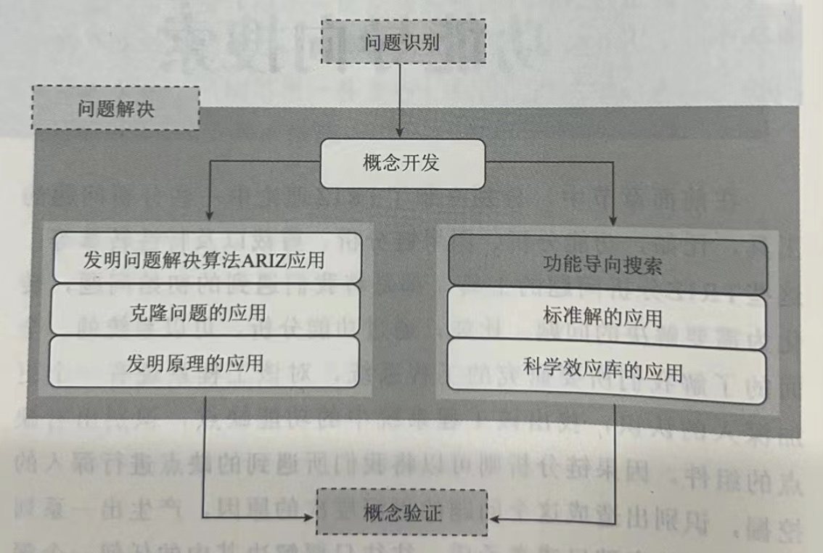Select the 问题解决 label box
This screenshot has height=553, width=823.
[x=116, y=108]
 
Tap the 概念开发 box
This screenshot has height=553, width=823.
[x=401, y=163]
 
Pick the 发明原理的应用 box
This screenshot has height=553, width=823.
[x=205, y=362]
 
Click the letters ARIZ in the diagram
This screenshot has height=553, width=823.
[x=266, y=259]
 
